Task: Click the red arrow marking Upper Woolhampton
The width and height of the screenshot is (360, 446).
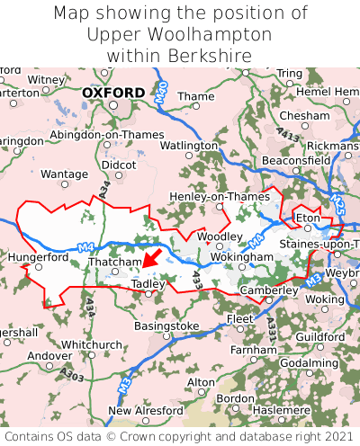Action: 152,259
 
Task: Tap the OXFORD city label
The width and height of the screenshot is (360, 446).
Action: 112,93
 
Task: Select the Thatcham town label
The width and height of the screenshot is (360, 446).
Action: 115,263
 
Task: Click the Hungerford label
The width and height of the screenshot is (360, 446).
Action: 38,256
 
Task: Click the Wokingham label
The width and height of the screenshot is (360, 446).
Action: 242,257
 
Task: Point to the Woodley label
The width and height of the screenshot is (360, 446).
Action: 220,236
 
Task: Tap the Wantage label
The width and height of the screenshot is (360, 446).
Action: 65,174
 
